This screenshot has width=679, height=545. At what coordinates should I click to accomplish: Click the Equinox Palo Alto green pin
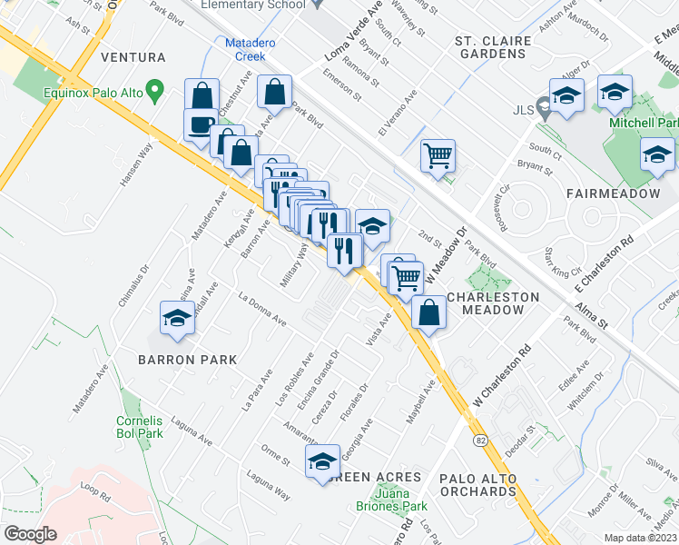[x=155, y=91]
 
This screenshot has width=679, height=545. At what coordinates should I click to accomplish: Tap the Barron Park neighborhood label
[x=187, y=360]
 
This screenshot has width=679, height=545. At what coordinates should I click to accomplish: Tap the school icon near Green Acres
[x=322, y=461]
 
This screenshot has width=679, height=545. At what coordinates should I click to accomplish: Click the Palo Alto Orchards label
[x=477, y=485]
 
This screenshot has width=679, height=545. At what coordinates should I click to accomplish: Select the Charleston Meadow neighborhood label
[x=493, y=303]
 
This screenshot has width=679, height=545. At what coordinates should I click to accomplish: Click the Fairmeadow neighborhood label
[x=612, y=194]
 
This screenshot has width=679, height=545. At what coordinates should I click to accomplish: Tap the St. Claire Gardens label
[x=491, y=47]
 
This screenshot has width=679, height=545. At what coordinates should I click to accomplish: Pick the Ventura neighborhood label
[x=133, y=57]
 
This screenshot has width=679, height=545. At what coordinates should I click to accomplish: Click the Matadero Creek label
[x=245, y=49]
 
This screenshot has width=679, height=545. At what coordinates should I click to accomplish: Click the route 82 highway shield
[x=479, y=440]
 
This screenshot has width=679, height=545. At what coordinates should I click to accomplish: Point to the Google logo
[x=30, y=534]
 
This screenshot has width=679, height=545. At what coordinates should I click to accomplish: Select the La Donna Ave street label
[x=262, y=309]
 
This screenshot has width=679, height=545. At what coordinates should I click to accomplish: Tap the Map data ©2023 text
[x=640, y=538]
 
